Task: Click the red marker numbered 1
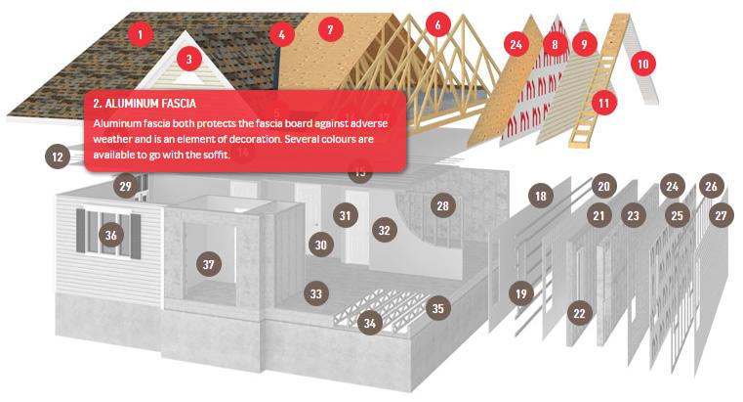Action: pos(140,34)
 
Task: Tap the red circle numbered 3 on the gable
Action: pos(189,59)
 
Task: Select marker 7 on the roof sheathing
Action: pos(330,30)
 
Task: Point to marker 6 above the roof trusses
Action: pos(437,24)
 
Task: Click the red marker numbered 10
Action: pos(643,64)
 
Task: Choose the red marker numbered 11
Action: pos(603,103)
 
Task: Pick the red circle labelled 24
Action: pos(516,45)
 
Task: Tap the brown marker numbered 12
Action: pos(58,156)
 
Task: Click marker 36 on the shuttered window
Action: pos(111,235)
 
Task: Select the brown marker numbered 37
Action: pos(209,264)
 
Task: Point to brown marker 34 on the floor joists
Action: pos(370,323)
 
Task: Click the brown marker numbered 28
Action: pos(442,205)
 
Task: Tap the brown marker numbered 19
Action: pos(520,293)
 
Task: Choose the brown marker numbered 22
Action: pos(579,313)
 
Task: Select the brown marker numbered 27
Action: pos(721,215)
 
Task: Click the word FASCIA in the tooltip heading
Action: pos(179,104)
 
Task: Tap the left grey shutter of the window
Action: pos(81,231)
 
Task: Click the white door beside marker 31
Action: pos(357,227)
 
